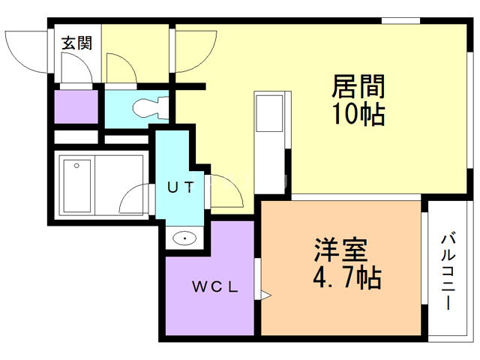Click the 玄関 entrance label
[x=76, y=43]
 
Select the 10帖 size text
[x=358, y=115]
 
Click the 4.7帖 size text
[x=346, y=278]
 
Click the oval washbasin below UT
[x=184, y=239]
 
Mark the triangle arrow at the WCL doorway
[x=263, y=293]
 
